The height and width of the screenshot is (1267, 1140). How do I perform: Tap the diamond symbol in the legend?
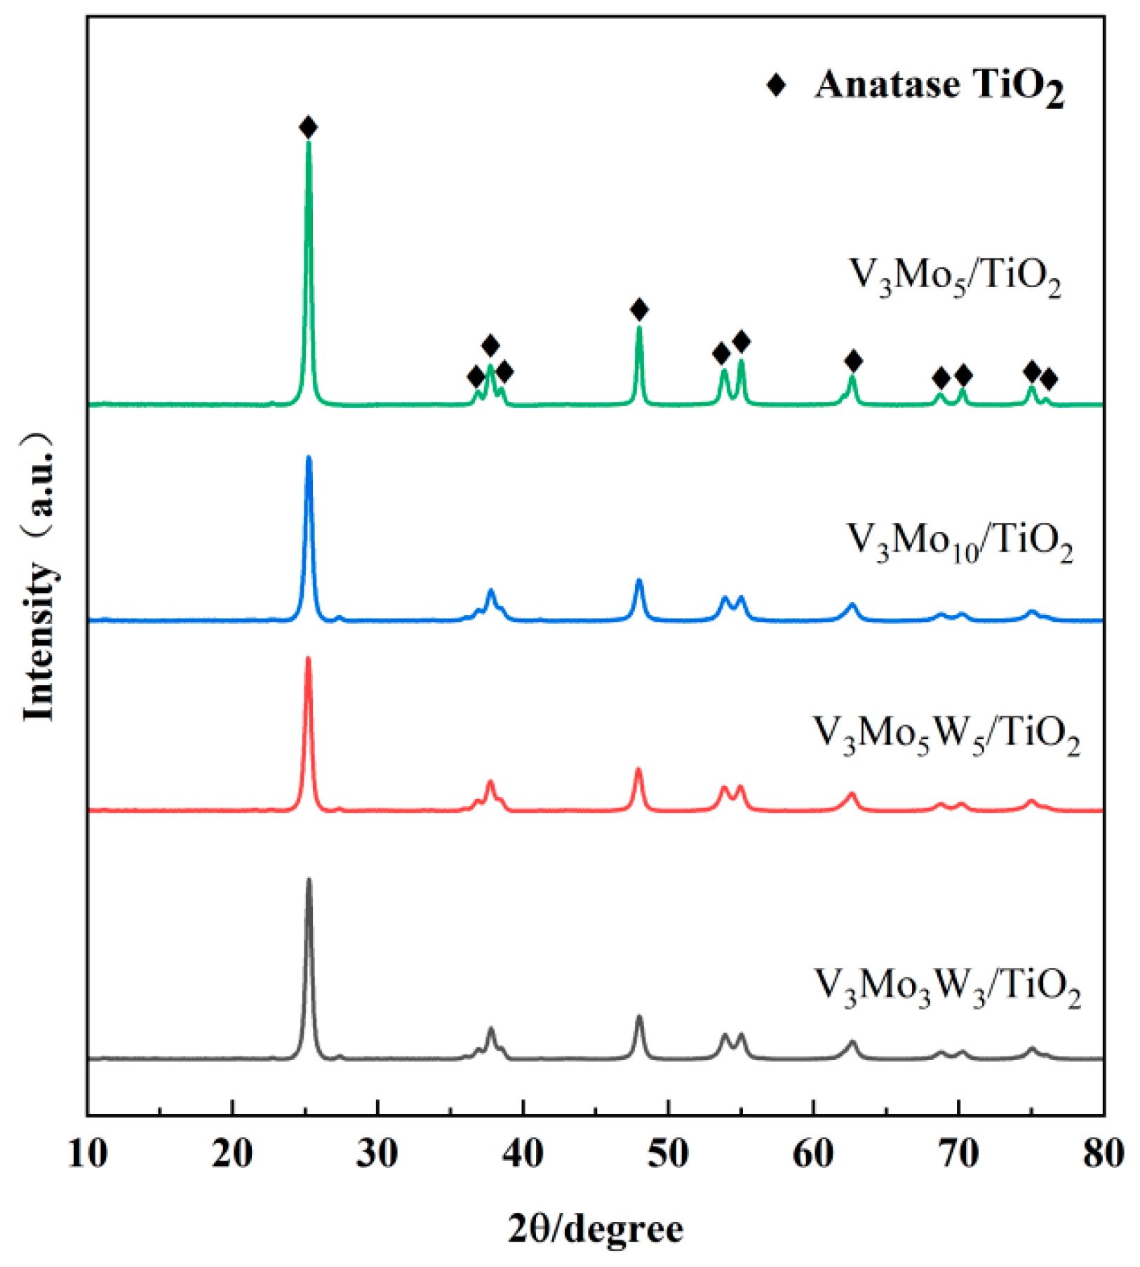(x=776, y=85)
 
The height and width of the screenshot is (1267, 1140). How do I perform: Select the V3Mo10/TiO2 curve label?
(x=960, y=543)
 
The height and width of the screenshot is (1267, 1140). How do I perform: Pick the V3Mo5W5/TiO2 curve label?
(x=946, y=736)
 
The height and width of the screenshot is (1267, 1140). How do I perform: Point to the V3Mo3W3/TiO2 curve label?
(x=947, y=987)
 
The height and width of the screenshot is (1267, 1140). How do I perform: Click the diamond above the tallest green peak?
(x=308, y=128)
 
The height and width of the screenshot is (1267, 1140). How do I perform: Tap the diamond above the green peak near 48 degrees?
(x=638, y=309)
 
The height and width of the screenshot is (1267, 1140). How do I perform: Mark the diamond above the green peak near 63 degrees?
(x=853, y=361)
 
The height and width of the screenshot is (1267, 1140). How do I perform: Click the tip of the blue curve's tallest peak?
(x=309, y=458)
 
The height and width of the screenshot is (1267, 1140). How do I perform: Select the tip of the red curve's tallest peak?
(x=308, y=658)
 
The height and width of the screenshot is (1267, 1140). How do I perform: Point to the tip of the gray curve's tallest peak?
(x=309, y=880)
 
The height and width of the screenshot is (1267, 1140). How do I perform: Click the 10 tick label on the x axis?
(x=88, y=1153)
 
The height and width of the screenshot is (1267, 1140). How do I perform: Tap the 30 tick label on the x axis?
(x=377, y=1153)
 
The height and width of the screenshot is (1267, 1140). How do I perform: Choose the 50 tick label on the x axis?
(x=668, y=1153)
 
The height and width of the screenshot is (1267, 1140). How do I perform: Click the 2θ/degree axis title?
(x=595, y=1230)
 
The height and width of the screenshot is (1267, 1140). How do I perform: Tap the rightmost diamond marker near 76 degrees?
(x=1048, y=380)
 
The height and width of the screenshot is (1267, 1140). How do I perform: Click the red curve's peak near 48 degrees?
(x=638, y=770)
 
